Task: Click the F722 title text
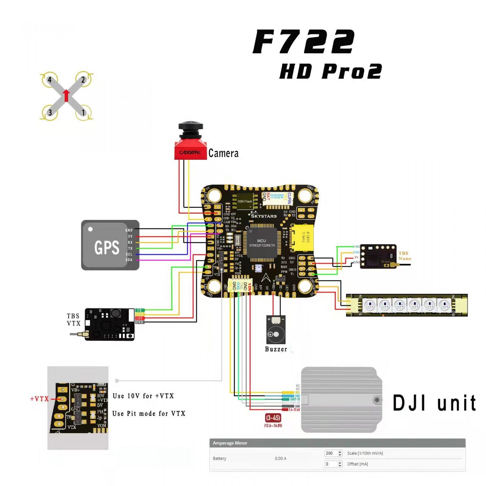point(304,42)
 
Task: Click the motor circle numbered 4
point(50,80)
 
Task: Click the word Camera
point(223,153)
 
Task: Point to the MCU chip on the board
point(262,243)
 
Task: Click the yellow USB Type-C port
point(302,237)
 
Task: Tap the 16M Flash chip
point(245,201)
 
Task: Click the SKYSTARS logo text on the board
point(264,216)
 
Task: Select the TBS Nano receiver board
point(378,257)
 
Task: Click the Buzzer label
point(276,349)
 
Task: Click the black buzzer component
point(276,330)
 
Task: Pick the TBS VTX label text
point(73,320)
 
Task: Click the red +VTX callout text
point(39,399)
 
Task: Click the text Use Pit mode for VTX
point(149,414)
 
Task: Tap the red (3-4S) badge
point(273,418)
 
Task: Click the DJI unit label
point(434,403)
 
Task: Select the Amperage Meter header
point(230,443)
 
